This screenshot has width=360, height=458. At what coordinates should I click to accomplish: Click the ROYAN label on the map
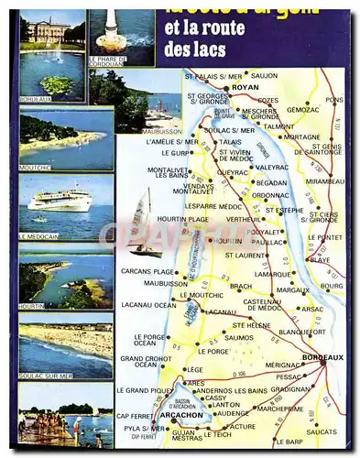(245, 87)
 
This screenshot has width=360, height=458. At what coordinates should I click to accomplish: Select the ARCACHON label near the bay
(180, 415)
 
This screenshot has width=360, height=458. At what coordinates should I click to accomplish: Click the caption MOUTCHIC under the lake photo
(37, 168)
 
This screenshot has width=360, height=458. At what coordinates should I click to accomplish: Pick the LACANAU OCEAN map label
(148, 305)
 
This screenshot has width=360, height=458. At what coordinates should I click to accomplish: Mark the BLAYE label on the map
(320, 259)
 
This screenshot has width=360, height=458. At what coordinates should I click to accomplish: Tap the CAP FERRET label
(135, 416)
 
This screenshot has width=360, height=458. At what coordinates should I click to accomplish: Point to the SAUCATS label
(322, 431)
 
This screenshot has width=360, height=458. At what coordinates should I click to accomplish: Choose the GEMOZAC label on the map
(303, 109)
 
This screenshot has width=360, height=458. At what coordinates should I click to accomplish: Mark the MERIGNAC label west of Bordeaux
(283, 365)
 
